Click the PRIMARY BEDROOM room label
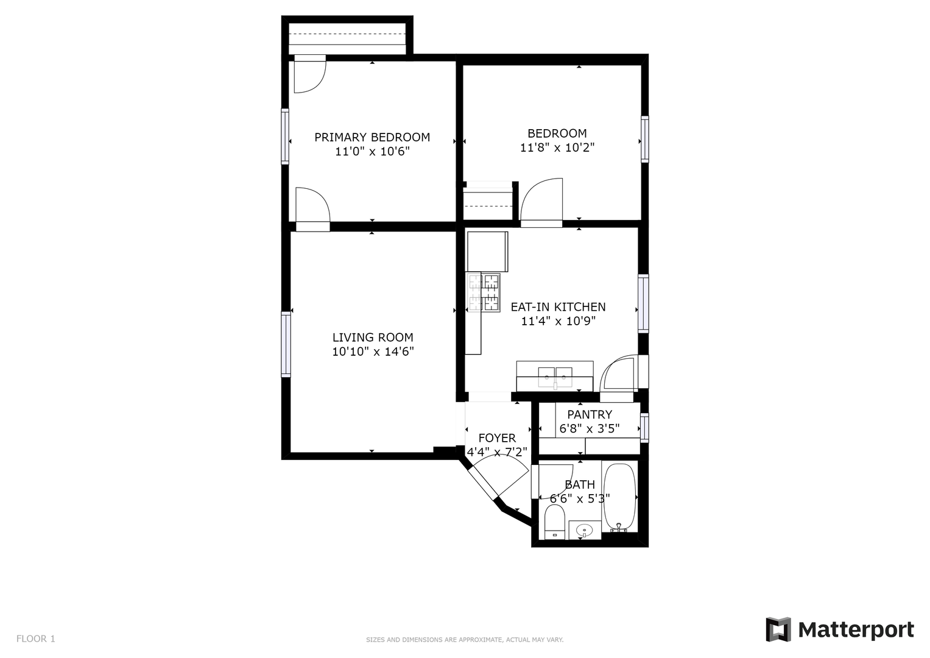coord(372,137)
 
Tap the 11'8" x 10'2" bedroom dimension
coord(557,147)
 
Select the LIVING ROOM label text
coord(373,338)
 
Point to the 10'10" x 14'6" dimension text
coord(373,352)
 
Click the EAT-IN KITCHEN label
coord(558,307)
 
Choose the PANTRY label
coord(590,414)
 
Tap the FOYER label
coord(497,438)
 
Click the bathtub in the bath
coord(619,498)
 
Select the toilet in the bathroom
coord(554,522)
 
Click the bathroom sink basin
coord(585,530)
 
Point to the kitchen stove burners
coord(483,292)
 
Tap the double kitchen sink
coord(555,377)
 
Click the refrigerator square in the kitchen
coord(487,252)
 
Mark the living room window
coord(286,344)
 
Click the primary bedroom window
coord(285,136)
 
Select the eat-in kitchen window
coord(643,303)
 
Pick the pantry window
coord(644,428)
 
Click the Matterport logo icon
coord(778,630)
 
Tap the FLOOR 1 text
coord(36,639)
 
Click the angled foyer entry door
coord(483,484)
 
